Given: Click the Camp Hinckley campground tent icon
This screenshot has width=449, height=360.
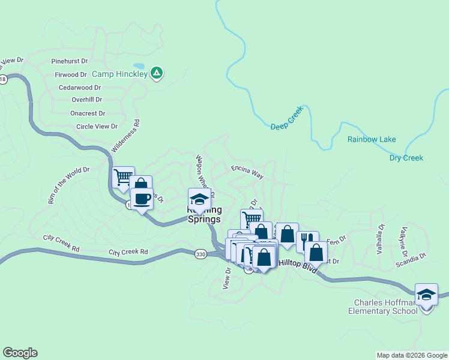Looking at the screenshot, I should [x=157, y=73].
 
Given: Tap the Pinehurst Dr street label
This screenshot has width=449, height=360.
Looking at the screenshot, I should [x=70, y=61].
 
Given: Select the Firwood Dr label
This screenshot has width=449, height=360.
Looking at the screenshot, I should [x=71, y=74].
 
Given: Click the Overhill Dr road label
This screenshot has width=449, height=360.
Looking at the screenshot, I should [x=86, y=100].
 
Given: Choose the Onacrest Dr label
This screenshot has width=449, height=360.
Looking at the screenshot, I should [x=88, y=113].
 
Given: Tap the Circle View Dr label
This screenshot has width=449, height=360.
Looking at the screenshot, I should [x=97, y=127].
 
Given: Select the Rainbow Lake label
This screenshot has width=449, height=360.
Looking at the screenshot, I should [x=372, y=139].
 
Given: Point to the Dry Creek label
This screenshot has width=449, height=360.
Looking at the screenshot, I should [x=406, y=158].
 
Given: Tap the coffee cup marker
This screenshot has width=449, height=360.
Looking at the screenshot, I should [x=142, y=199].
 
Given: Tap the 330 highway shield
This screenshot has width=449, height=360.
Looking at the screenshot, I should [x=200, y=254].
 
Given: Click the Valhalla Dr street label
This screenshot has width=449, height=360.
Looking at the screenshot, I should [x=381, y=239].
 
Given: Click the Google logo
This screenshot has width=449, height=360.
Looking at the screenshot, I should [x=20, y=353].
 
